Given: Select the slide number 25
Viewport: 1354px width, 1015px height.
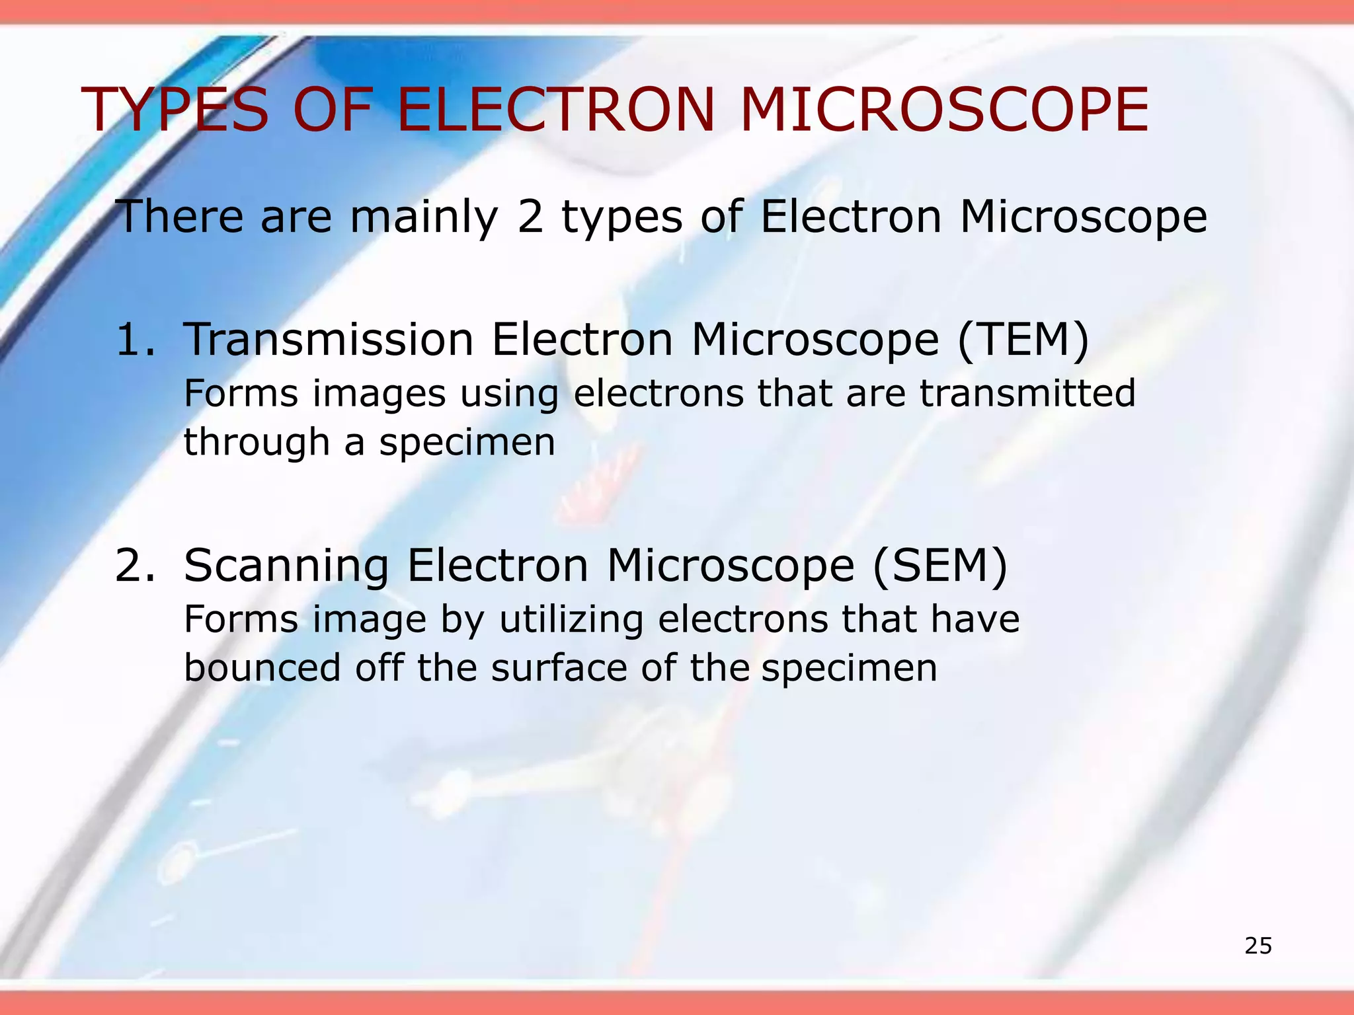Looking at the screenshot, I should (x=1258, y=946).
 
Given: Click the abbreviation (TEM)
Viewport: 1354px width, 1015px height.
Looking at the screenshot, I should (x=1023, y=340).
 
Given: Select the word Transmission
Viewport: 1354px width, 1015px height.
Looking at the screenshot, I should (x=329, y=340).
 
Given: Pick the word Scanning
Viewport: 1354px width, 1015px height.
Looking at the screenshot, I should (x=286, y=566).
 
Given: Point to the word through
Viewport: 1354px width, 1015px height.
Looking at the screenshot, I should (x=257, y=443).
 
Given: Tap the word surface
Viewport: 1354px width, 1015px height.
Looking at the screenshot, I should (x=559, y=667).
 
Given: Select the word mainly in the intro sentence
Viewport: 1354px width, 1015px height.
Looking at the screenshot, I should (x=424, y=218).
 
